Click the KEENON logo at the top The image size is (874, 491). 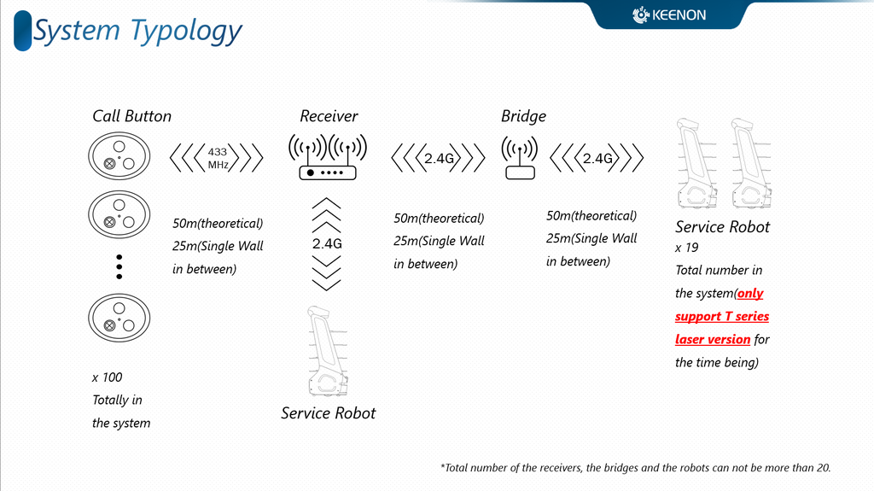[x=669, y=15]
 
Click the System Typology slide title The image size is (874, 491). [x=137, y=32]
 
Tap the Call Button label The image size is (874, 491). [x=132, y=116]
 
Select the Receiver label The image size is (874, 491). [x=329, y=116]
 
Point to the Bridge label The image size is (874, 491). [x=523, y=116]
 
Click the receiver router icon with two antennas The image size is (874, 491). [x=328, y=157]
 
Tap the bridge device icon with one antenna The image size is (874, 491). [x=520, y=158]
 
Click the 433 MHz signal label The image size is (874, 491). [x=218, y=159]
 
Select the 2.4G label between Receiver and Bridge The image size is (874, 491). [x=439, y=159]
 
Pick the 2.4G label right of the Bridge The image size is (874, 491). [x=597, y=159]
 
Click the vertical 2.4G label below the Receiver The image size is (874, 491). [x=327, y=244]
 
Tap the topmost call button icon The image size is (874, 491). [x=119, y=156]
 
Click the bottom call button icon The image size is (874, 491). [x=119, y=318]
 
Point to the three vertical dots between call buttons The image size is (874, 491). [x=119, y=266]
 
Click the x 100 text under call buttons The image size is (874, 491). [x=107, y=377]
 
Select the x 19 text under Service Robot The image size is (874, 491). [x=687, y=248]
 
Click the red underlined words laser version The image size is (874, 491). [x=713, y=339]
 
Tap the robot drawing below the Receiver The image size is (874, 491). [x=329, y=352]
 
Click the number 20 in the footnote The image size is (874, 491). [x=824, y=468]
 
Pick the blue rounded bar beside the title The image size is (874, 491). [x=22, y=31]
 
